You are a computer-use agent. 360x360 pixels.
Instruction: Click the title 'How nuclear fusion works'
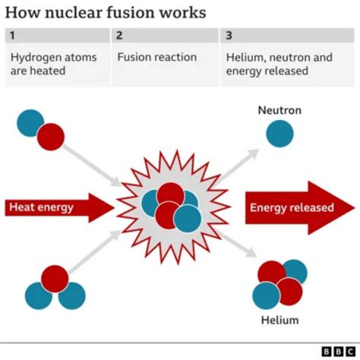tap(105, 12)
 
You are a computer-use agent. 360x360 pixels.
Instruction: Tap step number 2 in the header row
tap(119, 35)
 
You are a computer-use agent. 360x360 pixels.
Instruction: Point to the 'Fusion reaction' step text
tap(156, 57)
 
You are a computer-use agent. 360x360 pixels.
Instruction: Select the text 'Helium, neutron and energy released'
tap(278, 63)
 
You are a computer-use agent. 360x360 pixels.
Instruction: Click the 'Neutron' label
tap(279, 110)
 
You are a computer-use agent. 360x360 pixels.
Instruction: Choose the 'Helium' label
tap(279, 319)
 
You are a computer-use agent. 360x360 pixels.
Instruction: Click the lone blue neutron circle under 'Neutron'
tap(279, 133)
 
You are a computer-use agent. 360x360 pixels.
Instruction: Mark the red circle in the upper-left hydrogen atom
tap(50, 136)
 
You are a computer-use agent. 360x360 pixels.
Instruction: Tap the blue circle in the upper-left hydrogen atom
tap(29, 123)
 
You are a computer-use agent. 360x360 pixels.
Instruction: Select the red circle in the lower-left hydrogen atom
tap(54, 278)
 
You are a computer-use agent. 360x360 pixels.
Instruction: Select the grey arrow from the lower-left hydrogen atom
tap(95, 250)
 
